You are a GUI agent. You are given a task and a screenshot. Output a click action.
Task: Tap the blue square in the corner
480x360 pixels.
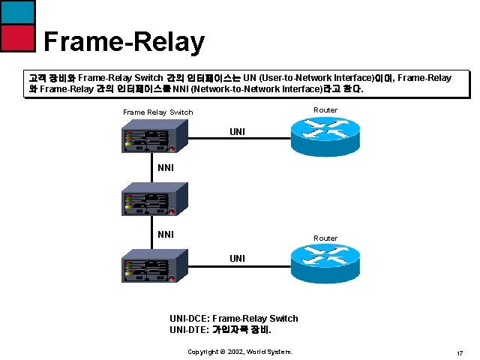click(17, 11)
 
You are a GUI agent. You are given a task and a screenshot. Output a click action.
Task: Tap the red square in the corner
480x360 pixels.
click(17, 37)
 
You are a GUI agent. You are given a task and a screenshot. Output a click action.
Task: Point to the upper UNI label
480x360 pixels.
click(237, 132)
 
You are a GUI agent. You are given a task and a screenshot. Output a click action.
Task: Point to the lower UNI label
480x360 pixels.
click(237, 258)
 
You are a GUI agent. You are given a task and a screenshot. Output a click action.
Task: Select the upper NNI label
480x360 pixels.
click(166, 168)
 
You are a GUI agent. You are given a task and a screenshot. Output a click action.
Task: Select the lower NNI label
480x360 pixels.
click(166, 234)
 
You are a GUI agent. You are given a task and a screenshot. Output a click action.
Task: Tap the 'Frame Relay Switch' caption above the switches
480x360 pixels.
click(157, 112)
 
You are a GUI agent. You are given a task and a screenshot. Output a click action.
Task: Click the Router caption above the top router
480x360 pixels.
click(325, 109)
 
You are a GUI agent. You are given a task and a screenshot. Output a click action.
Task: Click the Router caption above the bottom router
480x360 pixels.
click(325, 238)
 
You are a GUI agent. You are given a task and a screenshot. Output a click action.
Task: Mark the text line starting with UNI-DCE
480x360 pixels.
click(234, 318)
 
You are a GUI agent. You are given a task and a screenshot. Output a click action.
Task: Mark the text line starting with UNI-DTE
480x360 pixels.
click(220, 329)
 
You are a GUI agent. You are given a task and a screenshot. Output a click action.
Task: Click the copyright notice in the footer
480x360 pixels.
click(240, 351)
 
